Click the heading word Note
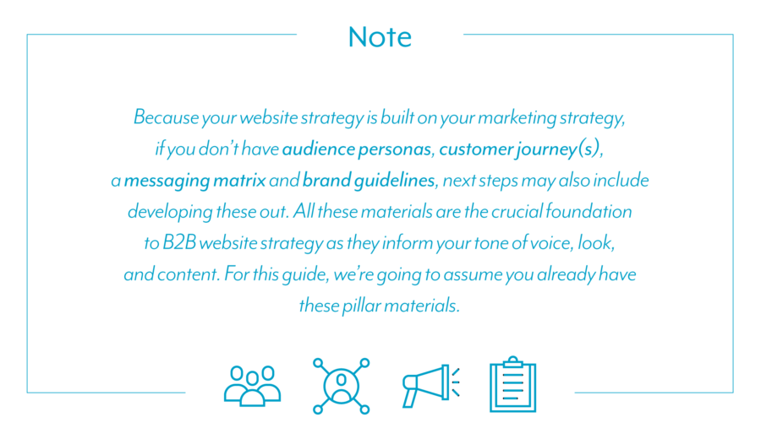pos(380,37)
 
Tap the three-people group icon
pos(252,386)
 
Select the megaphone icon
pos(431,386)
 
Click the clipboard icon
pos(513,384)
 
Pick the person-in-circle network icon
pos(342,386)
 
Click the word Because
pos(166,117)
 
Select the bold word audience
pos(319,149)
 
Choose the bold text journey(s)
pos(559,149)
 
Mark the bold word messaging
pos(167,182)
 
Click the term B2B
pos(178,243)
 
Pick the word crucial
pos(517,212)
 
